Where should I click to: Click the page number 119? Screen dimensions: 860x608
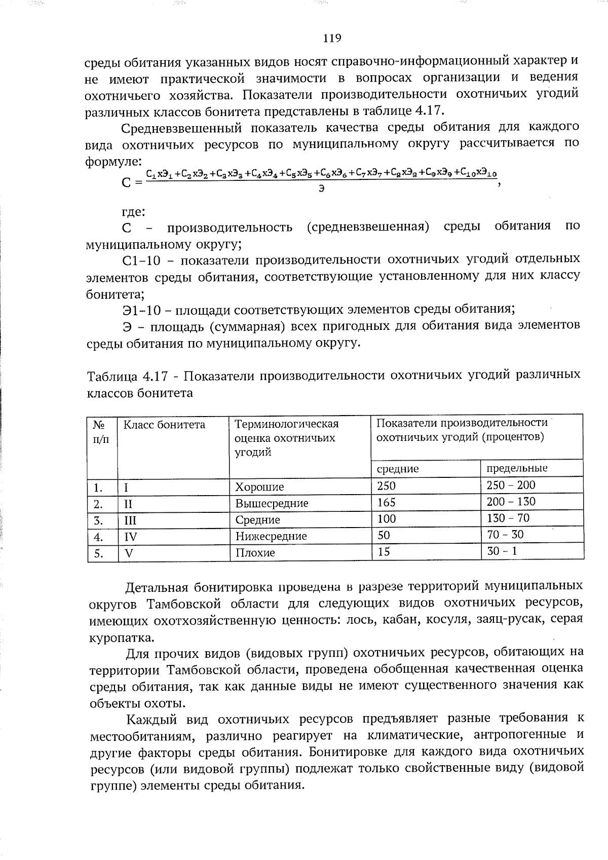pyautogui.click(x=332, y=38)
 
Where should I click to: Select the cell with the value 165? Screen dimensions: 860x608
pyautogui.click(x=387, y=502)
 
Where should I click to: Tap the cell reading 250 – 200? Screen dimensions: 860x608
pyautogui.click(x=511, y=485)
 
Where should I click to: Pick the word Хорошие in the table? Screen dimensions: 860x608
pyautogui.click(x=259, y=487)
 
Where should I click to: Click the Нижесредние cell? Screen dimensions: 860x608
pyautogui.click(x=271, y=536)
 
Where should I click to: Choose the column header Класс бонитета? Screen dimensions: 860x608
pyautogui.click(x=165, y=425)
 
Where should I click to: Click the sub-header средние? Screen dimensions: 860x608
pyautogui.click(x=398, y=469)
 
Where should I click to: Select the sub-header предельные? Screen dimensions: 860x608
pyautogui.click(x=517, y=468)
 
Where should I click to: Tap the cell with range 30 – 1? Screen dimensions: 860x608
pyautogui.click(x=502, y=551)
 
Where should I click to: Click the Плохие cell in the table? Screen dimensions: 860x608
pyautogui.click(x=255, y=553)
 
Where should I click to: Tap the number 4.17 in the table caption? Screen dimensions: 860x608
pyautogui.click(x=155, y=377)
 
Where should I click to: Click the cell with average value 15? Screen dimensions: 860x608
pyautogui.click(x=384, y=551)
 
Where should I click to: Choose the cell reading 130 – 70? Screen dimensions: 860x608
pyautogui.click(x=508, y=518)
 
